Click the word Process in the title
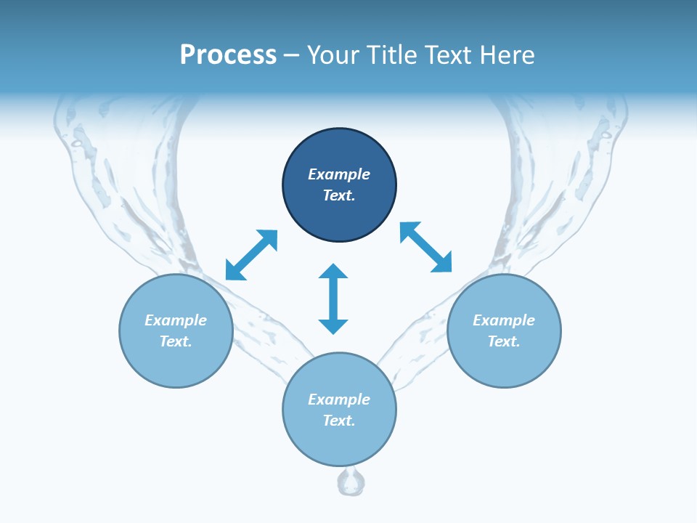click(x=228, y=54)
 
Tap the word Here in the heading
click(x=507, y=54)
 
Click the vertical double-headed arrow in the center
click(x=333, y=299)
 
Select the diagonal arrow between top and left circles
click(x=251, y=255)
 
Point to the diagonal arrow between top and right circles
click(x=426, y=247)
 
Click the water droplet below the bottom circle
click(x=352, y=482)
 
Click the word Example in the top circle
click(x=339, y=174)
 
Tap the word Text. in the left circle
click(x=176, y=341)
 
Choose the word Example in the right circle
click(x=504, y=320)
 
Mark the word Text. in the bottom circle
click(x=339, y=421)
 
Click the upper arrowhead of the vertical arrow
click(x=333, y=272)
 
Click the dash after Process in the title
click(x=291, y=55)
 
